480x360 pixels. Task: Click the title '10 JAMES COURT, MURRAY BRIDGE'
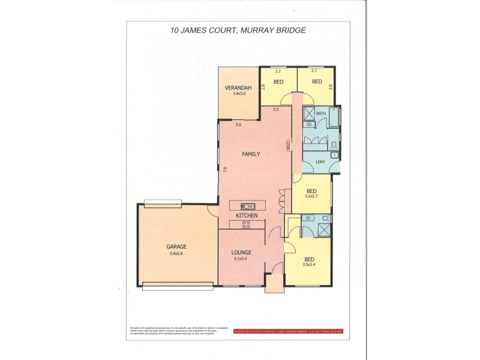(x=239, y=29)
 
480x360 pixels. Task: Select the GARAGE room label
(x=176, y=247)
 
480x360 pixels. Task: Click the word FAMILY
(x=251, y=154)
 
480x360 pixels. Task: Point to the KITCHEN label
(x=247, y=215)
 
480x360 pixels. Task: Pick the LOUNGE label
(x=242, y=252)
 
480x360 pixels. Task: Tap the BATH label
(x=321, y=113)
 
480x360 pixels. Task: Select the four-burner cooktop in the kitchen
(x=246, y=225)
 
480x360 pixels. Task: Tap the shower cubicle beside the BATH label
(x=310, y=113)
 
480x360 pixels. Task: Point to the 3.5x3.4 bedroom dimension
(x=310, y=265)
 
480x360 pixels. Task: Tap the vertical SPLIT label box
(x=289, y=145)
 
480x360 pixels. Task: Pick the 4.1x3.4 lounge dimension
(x=242, y=259)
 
